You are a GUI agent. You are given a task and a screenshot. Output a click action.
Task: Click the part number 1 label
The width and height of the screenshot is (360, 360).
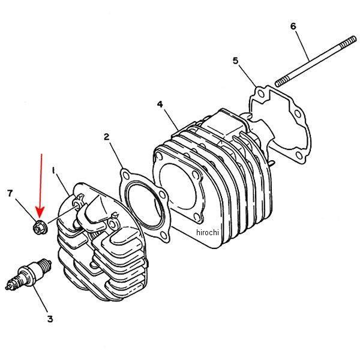click(54, 172)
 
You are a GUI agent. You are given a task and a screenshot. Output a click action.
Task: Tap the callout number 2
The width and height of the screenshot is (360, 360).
click(106, 137)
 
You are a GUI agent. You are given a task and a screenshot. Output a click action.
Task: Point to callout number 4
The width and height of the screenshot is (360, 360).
click(160, 104)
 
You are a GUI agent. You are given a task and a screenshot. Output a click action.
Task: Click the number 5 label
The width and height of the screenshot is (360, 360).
click(235, 61)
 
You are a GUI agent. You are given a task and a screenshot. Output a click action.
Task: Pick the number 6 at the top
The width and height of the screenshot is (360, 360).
click(293, 26)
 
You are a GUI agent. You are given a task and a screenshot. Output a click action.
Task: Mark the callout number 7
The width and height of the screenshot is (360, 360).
click(10, 193)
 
